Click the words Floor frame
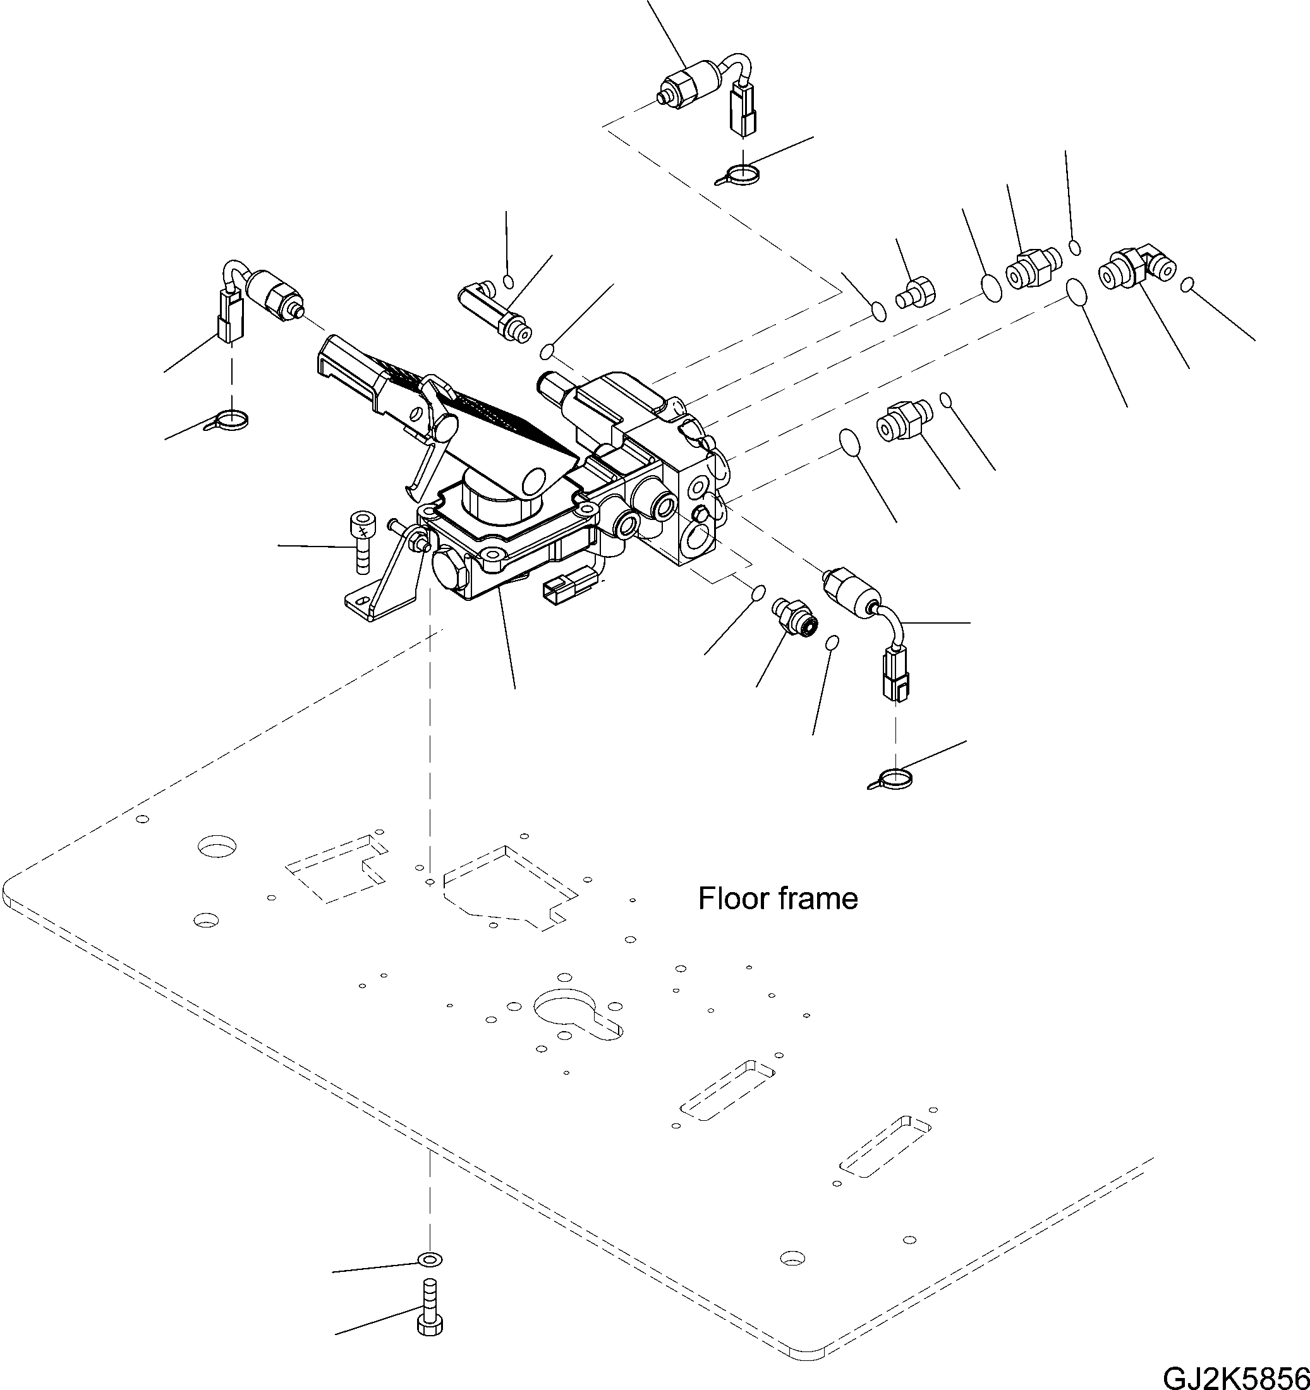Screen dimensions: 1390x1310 pos(778,898)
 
